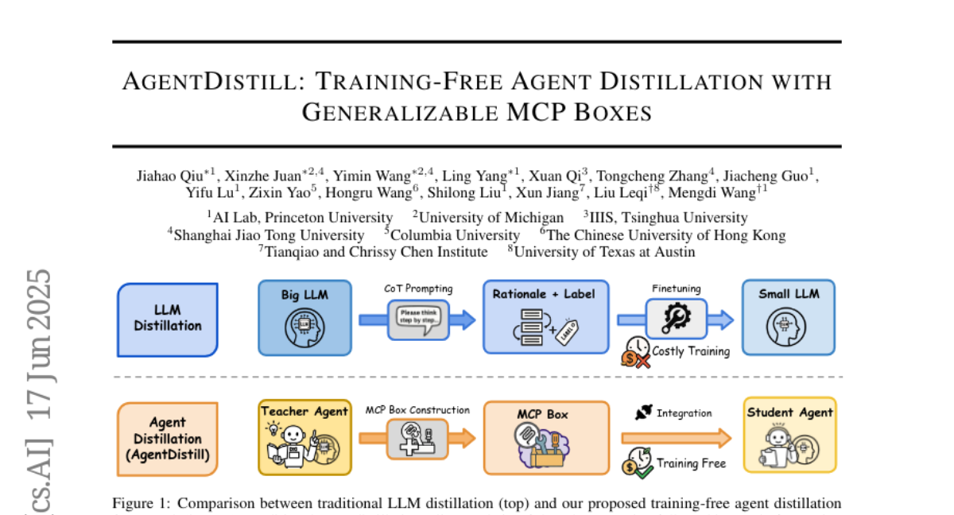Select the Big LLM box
tap(304, 318)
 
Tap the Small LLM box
tap(789, 318)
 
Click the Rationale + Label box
tap(545, 316)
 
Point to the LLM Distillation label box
tap(167, 319)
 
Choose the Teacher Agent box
tap(304, 436)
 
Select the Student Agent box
tap(789, 436)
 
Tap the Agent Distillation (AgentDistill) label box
tap(167, 438)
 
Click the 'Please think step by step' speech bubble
tap(418, 317)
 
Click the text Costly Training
tap(690, 350)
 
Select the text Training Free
tap(691, 463)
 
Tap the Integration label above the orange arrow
tap(684, 413)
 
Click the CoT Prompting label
tap(418, 288)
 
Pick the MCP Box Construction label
tap(417, 410)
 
